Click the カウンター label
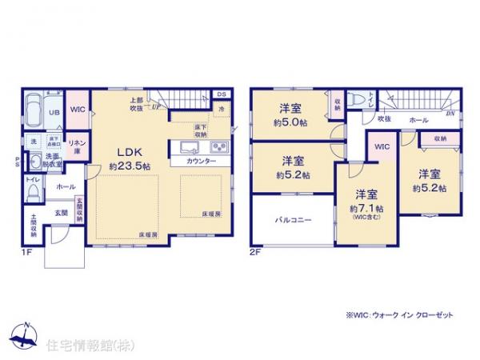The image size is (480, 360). tap(201, 161)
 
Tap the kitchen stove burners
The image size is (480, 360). tap(219, 147)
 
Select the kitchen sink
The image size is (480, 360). tap(190, 147)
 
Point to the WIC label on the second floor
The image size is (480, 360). tap(382, 147)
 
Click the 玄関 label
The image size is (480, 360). tap(62, 213)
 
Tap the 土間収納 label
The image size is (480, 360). tap(33, 227)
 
